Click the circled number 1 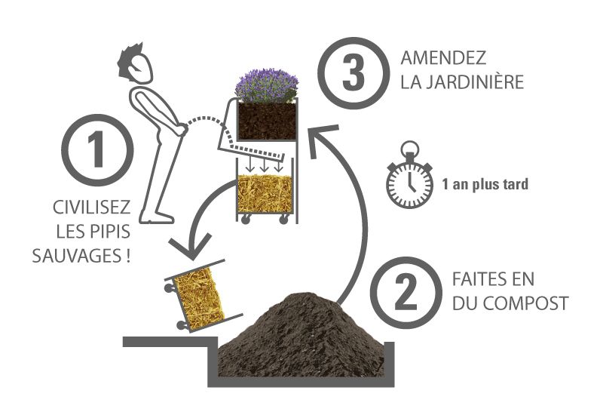[x=97, y=149]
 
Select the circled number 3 [x=353, y=73]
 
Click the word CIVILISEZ [x=91, y=207]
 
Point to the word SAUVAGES [x=78, y=256]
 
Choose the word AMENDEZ [x=443, y=58]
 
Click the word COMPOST [x=526, y=303]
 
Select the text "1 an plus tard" [x=485, y=184]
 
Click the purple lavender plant [x=267, y=85]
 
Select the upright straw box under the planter [x=265, y=193]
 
